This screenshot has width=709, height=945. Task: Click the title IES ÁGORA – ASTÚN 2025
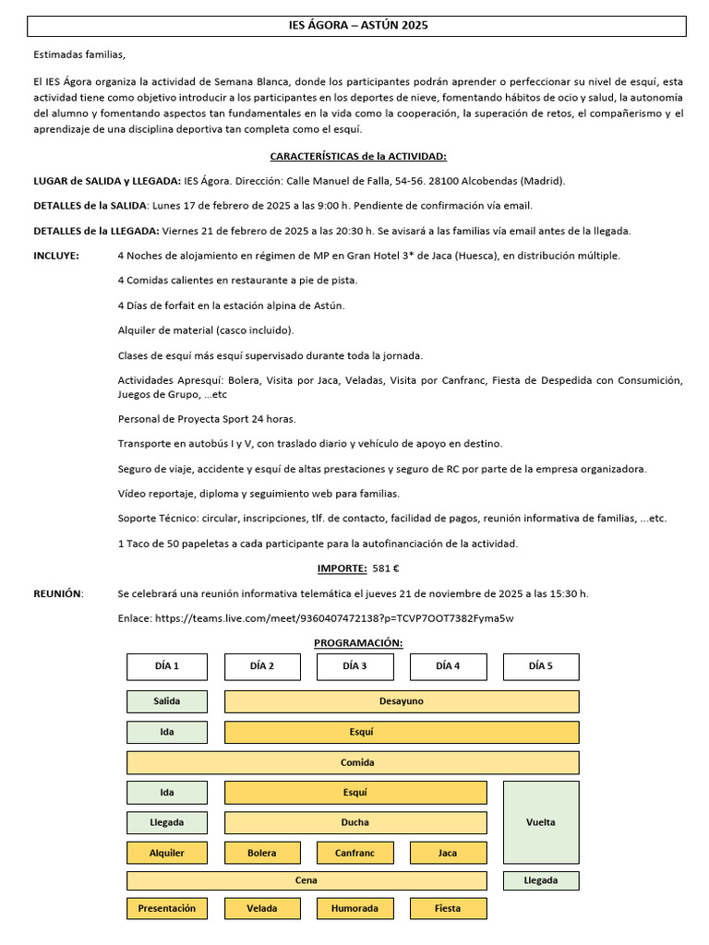click(358, 26)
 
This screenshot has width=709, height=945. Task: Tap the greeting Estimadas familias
click(78, 54)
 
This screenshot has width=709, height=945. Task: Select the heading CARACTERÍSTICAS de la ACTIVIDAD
click(358, 157)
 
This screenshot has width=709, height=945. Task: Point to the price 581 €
click(385, 568)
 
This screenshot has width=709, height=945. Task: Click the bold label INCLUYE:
click(56, 255)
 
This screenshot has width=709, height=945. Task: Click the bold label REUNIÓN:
click(58, 593)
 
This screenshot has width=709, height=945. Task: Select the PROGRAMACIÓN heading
click(358, 642)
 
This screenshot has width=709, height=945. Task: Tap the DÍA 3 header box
click(354, 666)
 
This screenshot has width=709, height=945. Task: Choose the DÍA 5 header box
click(541, 666)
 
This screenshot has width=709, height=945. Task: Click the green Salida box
click(167, 701)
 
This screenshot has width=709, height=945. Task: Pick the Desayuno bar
click(402, 701)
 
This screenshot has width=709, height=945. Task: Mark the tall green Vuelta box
click(541, 822)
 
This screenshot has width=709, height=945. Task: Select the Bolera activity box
click(262, 853)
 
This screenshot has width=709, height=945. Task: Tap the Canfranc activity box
click(354, 853)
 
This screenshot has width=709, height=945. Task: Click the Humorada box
click(354, 908)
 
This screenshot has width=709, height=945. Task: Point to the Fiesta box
click(448, 908)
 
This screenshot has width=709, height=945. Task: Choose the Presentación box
click(167, 908)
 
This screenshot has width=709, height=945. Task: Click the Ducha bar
click(354, 822)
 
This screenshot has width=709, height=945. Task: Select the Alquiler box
click(167, 853)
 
